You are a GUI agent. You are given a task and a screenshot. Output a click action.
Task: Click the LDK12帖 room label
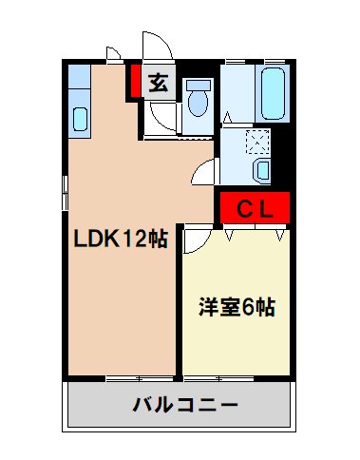[121, 240]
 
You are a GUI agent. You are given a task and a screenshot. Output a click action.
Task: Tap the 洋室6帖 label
[237, 308]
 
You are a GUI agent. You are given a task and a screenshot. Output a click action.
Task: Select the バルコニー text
[179, 405]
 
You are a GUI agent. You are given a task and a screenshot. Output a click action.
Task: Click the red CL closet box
[254, 208]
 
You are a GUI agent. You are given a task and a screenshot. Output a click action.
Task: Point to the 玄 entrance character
[158, 84]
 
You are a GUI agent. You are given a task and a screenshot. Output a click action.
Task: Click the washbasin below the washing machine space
[262, 170]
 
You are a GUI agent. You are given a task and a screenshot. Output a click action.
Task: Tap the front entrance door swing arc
[155, 48]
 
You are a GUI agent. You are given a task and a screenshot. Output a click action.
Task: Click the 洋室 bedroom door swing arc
[194, 240]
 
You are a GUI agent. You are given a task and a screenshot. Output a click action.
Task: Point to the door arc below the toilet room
[204, 173]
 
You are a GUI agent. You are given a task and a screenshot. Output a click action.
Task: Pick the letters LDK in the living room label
[96, 240]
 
